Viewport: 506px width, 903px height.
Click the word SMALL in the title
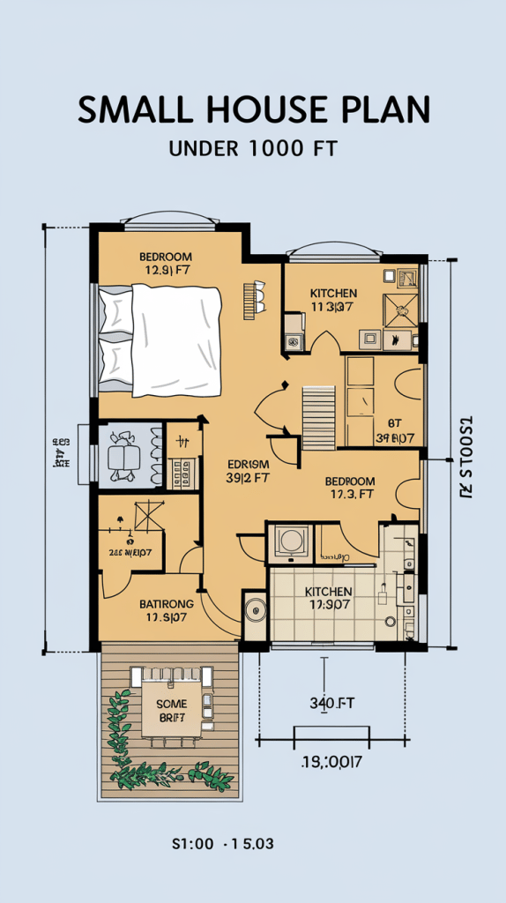133,109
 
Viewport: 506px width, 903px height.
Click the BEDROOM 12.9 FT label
165,265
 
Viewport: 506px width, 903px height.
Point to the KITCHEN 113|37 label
333,300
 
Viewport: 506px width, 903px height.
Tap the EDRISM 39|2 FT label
248,470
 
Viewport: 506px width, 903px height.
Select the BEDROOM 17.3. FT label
350,488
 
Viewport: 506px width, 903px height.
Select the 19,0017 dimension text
332,759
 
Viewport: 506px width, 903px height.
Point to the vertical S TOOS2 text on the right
466,457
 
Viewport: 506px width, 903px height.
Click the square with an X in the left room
148,516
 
